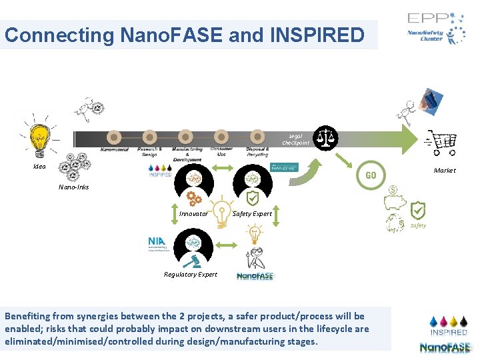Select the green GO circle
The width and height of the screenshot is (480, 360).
[x=371, y=175]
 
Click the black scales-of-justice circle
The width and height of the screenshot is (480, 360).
[x=326, y=137]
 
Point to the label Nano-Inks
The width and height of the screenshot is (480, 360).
[x=73, y=187]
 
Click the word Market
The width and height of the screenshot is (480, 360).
[x=445, y=171]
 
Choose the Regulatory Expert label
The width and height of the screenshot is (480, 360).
[x=191, y=274]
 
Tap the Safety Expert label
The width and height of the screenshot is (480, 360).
[x=252, y=214]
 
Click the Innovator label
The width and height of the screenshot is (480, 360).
[x=193, y=214]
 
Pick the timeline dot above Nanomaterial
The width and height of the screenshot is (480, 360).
[x=115, y=137]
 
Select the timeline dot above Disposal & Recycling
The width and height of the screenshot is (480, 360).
[x=257, y=137]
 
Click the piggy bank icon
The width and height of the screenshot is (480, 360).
[x=400, y=204]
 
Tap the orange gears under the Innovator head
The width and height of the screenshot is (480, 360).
[x=194, y=198]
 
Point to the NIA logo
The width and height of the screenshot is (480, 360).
[x=158, y=243]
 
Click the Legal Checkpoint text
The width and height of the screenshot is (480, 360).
[x=295, y=139]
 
